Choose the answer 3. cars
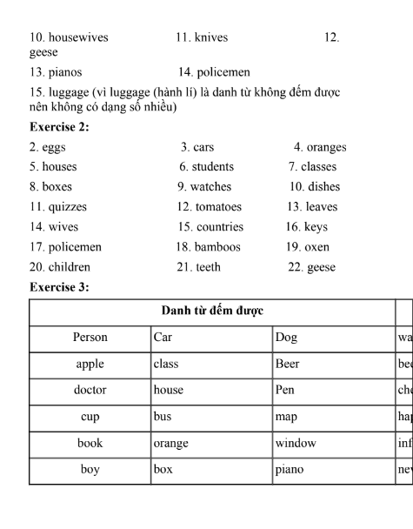click(x=197, y=147)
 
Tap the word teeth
click(x=208, y=267)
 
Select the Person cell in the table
click(x=90, y=338)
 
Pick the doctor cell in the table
click(x=90, y=391)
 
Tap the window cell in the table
click(x=296, y=444)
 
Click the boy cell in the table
click(x=90, y=470)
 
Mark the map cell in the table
click(x=286, y=417)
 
